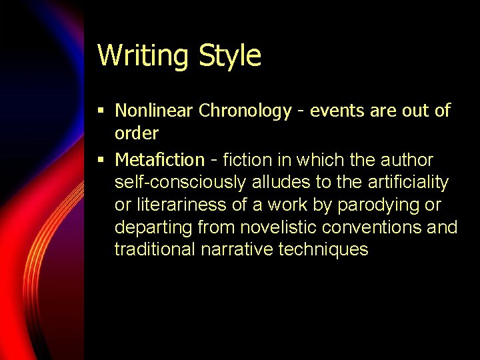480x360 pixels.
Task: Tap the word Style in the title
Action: click(x=230, y=56)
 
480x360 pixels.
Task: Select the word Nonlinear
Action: click(x=154, y=111)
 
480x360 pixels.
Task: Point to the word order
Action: click(x=137, y=133)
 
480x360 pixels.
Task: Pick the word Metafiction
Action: click(x=160, y=160)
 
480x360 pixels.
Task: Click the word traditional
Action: click(x=153, y=249)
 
